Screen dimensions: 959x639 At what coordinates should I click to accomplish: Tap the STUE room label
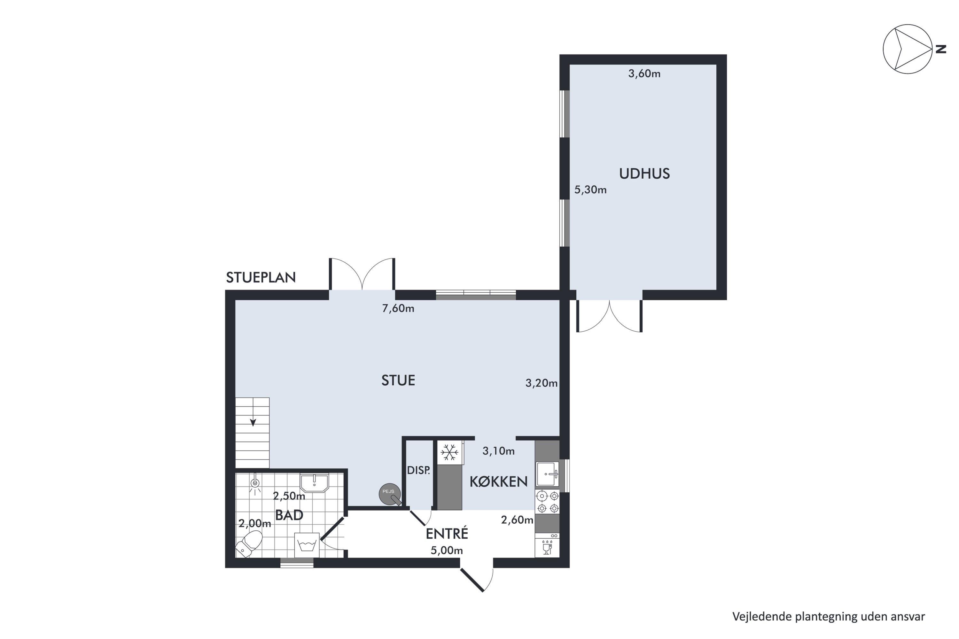click(398, 380)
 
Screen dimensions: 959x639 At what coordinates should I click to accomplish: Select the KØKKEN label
click(498, 482)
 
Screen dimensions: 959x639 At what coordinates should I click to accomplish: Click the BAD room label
click(289, 515)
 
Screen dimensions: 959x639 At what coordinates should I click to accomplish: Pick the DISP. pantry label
click(418, 470)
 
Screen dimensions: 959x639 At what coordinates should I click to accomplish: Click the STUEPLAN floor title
click(261, 278)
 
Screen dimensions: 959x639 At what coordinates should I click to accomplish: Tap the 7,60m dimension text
click(398, 309)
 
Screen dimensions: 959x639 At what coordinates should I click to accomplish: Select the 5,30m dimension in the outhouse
click(590, 189)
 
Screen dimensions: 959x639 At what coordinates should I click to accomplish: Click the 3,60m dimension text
click(644, 74)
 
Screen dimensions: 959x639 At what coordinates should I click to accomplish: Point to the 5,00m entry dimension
click(447, 550)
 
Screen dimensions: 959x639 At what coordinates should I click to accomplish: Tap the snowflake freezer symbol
click(449, 452)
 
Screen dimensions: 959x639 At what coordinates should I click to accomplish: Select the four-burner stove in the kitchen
click(547, 502)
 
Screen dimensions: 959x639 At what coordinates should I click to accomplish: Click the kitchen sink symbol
click(547, 474)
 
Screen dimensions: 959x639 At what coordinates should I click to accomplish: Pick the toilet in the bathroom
click(250, 543)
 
